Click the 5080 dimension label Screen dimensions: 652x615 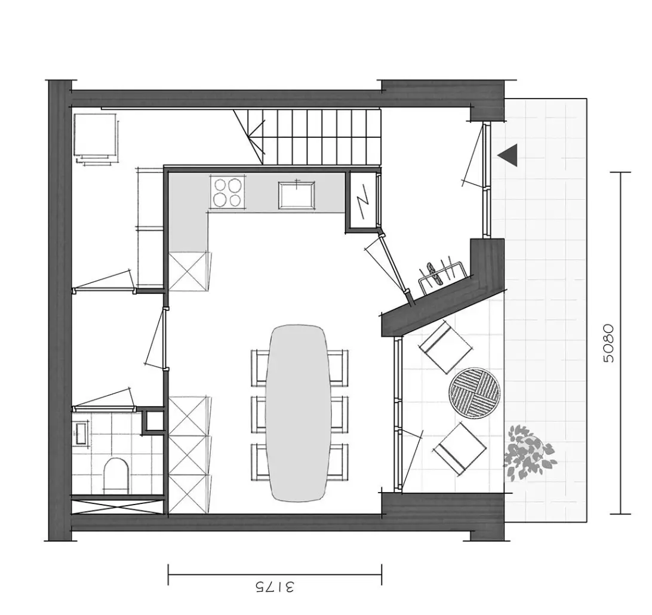click(609, 343)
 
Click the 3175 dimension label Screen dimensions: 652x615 click(274, 587)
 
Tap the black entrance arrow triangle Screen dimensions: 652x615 click(508, 155)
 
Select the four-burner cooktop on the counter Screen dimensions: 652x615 click(227, 192)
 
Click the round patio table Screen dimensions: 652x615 click(475, 390)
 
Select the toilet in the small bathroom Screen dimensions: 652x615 click(117, 475)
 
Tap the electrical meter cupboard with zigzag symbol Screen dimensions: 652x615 click(362, 201)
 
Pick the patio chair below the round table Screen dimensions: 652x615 click(460, 449)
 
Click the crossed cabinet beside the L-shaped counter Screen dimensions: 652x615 click(188, 271)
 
